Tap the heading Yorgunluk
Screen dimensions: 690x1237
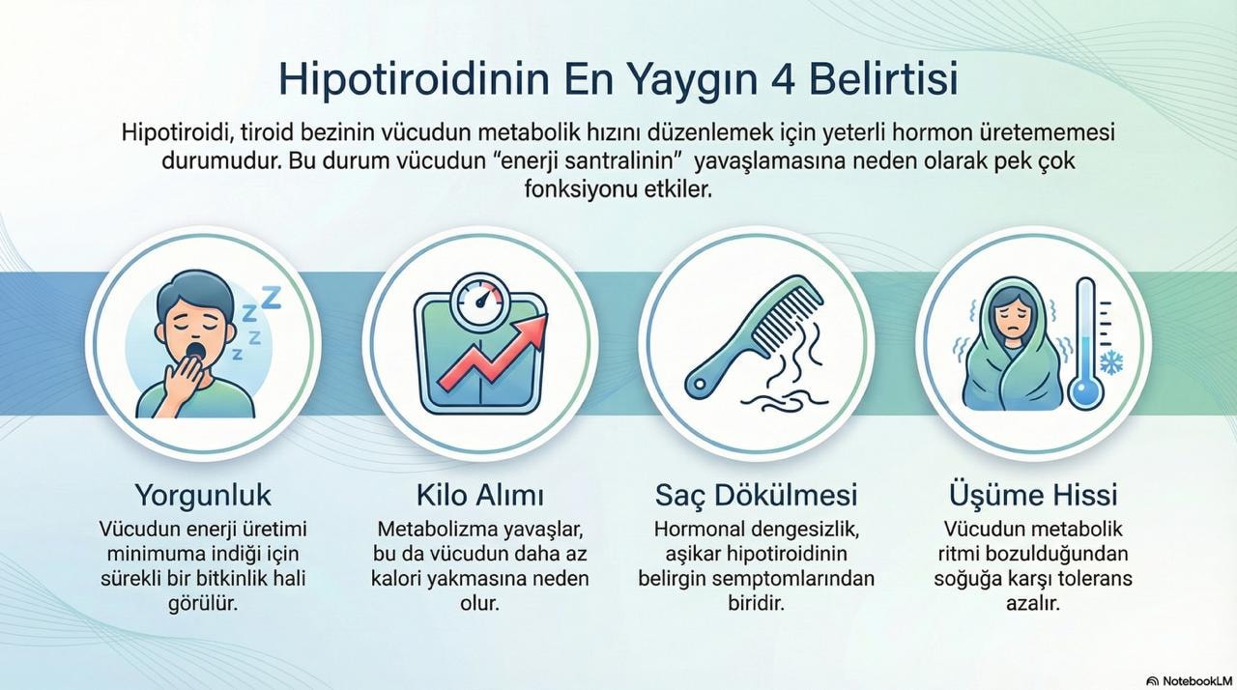203,496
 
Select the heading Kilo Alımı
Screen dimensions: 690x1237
480,496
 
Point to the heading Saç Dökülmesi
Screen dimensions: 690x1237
756,496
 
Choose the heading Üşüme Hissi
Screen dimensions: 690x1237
1033,496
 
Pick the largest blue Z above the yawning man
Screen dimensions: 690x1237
271,298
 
